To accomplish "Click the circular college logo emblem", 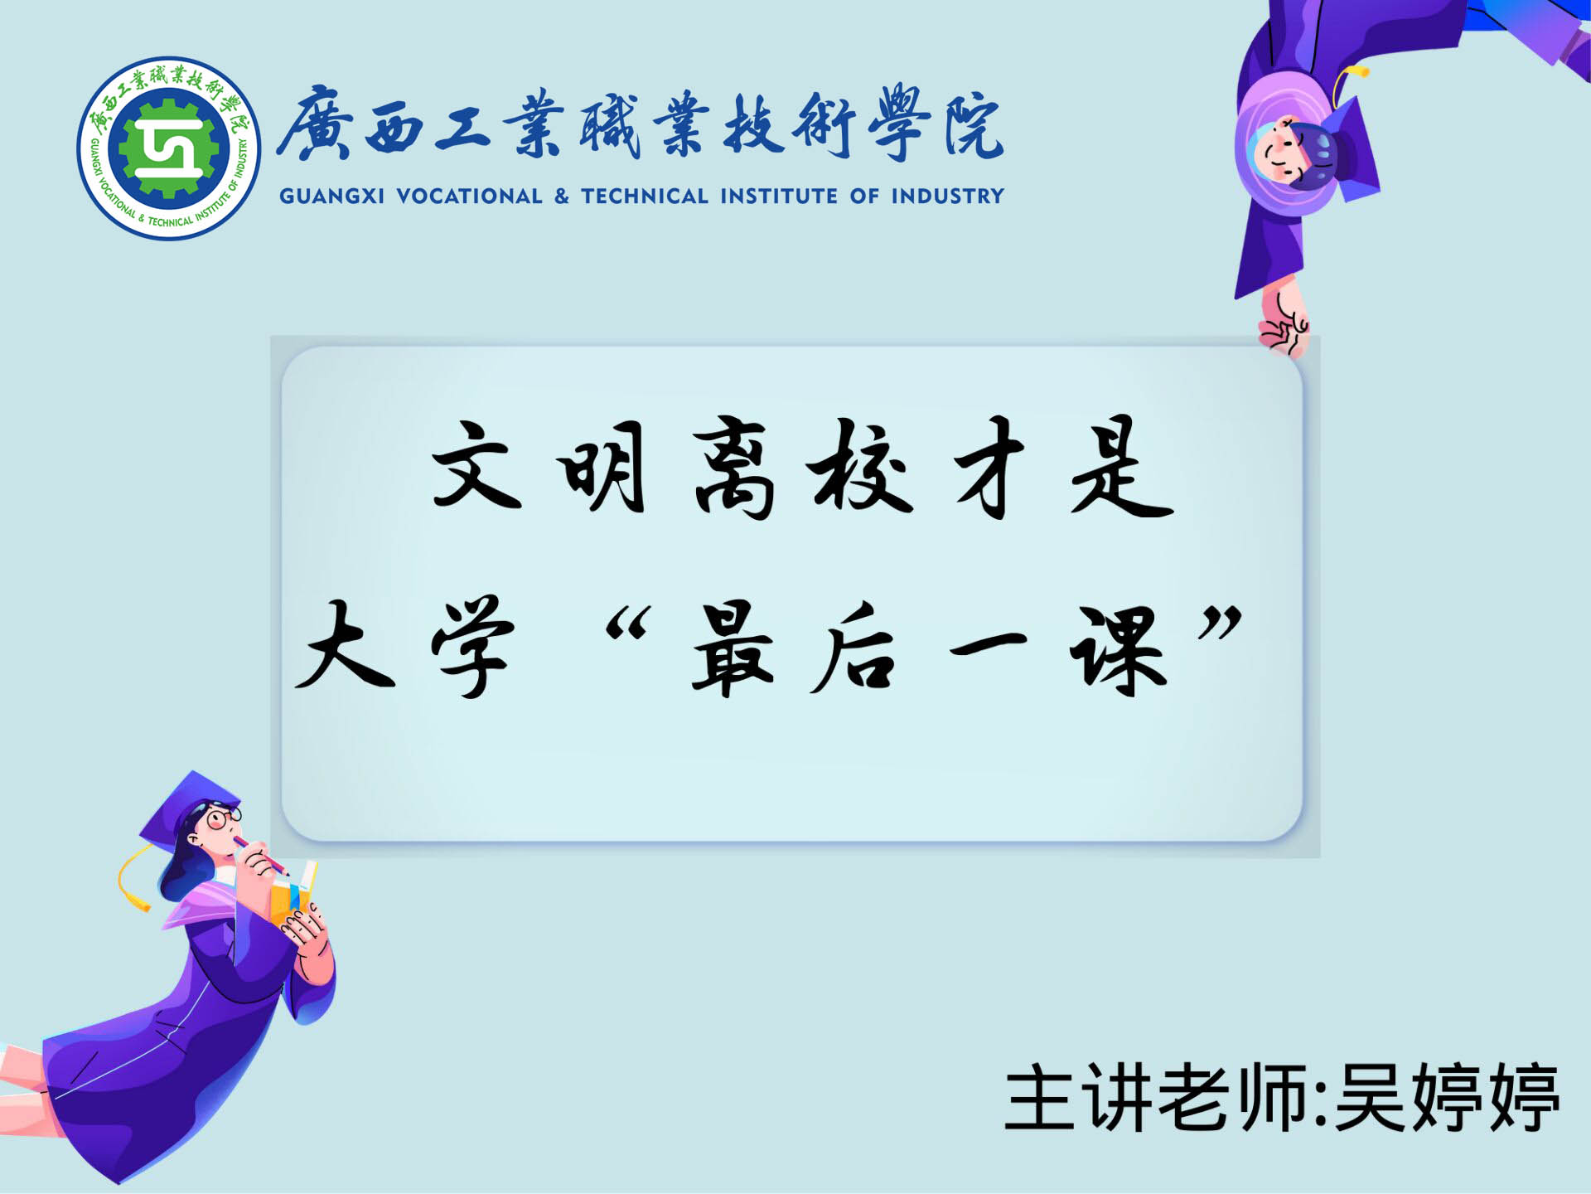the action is pos(169,149).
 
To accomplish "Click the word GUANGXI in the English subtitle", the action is pos(331,197).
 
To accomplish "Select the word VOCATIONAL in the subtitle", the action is pos(469,197).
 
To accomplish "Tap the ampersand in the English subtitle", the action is pos(562,197).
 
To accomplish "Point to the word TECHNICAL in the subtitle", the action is pos(645,197).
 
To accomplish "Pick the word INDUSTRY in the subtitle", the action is pos(947,197).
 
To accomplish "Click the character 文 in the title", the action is pos(476,464).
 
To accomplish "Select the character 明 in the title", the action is pos(603,466).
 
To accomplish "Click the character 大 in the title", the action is pos(345,644).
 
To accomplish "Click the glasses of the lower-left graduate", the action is pos(223,818).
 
